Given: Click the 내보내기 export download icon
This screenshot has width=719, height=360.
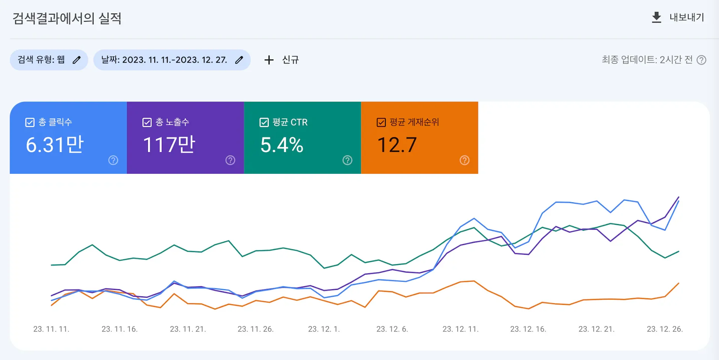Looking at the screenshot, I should [656, 17].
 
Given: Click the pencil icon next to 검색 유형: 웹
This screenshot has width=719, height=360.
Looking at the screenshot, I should [76, 60].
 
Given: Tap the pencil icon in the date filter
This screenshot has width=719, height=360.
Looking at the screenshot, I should [239, 60].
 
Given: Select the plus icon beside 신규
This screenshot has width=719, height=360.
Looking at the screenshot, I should [269, 60].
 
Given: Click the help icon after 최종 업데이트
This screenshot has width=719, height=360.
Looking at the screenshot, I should [701, 60].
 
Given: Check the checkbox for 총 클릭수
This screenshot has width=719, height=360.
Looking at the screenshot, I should [30, 122].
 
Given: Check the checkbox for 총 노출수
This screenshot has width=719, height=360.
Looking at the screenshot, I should [147, 122].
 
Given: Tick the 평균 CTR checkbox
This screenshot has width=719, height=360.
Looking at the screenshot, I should [264, 122].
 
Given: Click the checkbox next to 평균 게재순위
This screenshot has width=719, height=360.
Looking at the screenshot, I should [381, 122].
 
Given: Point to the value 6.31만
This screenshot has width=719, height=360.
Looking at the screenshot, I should [55, 145].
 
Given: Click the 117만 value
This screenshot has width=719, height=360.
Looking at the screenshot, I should [169, 145].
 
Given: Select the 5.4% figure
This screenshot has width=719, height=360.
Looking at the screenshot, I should [282, 145].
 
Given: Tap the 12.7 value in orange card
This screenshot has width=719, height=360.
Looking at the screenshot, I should [397, 145].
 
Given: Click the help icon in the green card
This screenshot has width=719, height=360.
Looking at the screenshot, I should [348, 160].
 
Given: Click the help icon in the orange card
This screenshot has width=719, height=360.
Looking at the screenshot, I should [464, 160].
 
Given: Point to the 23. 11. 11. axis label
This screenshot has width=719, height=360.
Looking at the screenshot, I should [51, 329].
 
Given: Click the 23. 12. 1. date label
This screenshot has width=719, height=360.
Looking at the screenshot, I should [324, 329].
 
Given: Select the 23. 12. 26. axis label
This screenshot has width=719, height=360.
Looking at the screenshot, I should [665, 329].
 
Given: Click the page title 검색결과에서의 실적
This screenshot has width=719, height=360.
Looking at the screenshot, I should [67, 18].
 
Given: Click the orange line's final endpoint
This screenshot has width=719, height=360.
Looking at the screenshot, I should [679, 283].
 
